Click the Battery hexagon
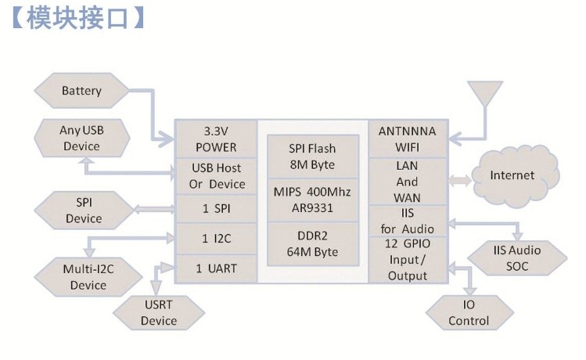point(81,91)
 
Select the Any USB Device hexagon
point(81,138)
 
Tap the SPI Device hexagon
point(83,211)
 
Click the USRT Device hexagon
point(158,314)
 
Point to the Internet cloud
point(512,175)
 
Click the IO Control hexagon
point(469,313)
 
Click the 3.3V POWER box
point(215,139)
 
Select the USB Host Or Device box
point(215,176)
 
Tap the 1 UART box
point(215,268)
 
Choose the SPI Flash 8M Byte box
point(311,157)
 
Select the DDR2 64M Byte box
point(311,243)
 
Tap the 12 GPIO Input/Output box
point(407,260)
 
